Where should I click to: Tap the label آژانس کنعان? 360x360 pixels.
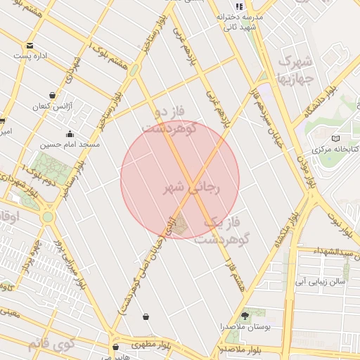51,107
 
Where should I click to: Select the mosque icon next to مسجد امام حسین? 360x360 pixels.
70,134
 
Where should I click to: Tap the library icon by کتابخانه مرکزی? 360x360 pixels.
335,139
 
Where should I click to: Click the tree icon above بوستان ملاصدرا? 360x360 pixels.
245,316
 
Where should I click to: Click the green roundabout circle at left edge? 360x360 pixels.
47,217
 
